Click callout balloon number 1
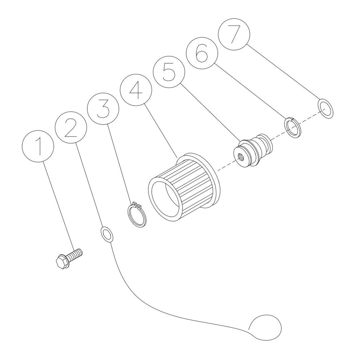click(38, 146)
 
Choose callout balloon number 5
click(169, 72)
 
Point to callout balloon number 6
click(201, 53)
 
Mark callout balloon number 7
click(234, 34)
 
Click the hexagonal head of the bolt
click(61, 262)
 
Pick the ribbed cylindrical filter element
click(184, 187)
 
